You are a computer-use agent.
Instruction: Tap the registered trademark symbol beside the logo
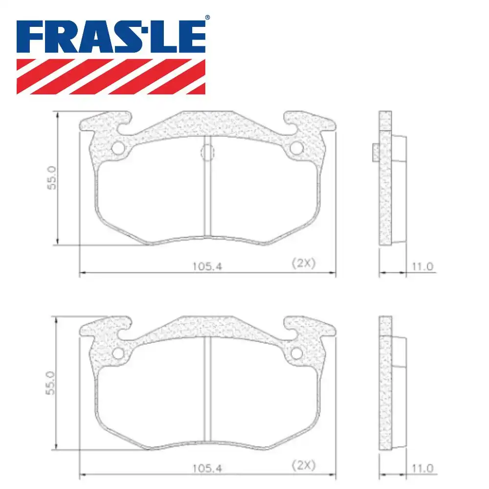tap(207, 18)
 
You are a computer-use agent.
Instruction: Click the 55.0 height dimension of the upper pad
tap(53, 178)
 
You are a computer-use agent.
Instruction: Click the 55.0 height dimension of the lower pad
tap(53, 384)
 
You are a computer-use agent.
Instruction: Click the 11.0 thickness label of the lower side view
tap(423, 468)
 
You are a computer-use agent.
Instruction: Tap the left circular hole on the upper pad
tap(118, 148)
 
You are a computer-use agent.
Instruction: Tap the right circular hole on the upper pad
tap(297, 148)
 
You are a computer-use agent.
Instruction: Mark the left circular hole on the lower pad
tap(118, 354)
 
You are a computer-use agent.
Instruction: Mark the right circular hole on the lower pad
tap(297, 354)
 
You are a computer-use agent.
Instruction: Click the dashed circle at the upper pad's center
tap(207, 153)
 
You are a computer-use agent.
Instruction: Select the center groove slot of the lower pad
tap(207, 391)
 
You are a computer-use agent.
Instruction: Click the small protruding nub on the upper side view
tap(375, 152)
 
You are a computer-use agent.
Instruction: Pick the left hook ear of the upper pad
tap(105, 122)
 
